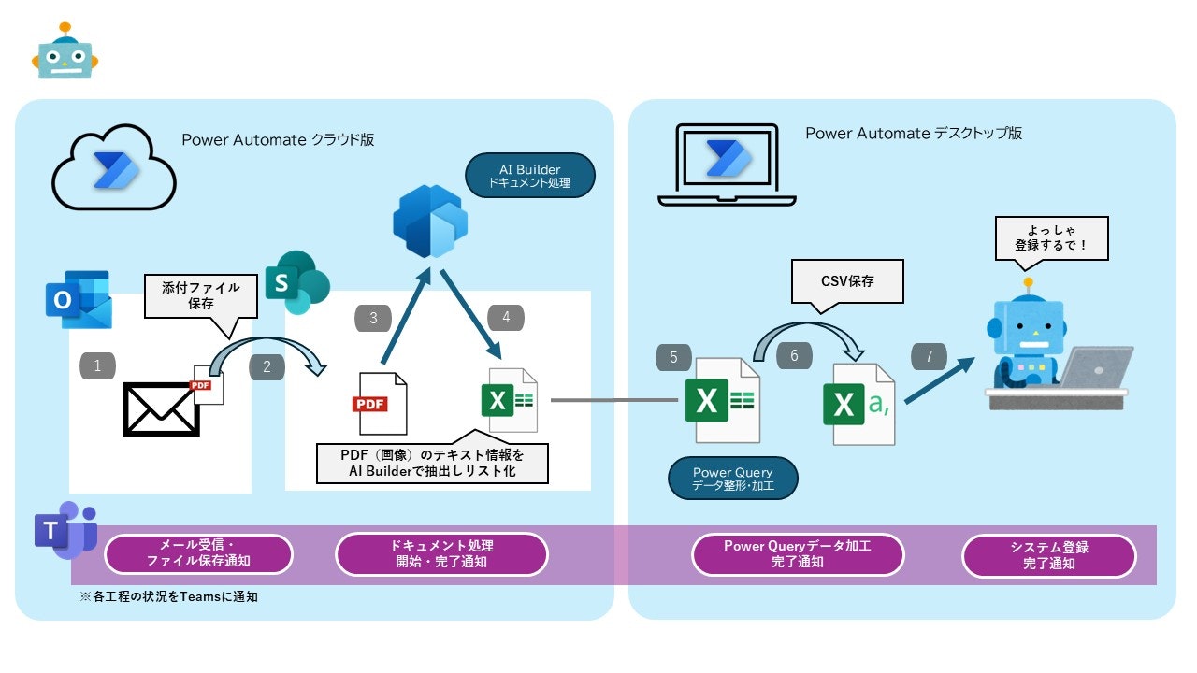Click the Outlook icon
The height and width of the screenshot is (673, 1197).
pyautogui.click(x=79, y=299)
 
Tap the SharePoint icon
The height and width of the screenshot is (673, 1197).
pyautogui.click(x=297, y=282)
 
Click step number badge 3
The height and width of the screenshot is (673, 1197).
pyautogui.click(x=373, y=319)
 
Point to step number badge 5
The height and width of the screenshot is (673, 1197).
pyautogui.click(x=674, y=357)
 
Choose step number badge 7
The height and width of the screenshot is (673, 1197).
pyautogui.click(x=929, y=357)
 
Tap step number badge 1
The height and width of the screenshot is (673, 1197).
pyautogui.click(x=98, y=365)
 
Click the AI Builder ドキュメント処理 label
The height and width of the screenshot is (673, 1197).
pyautogui.click(x=531, y=177)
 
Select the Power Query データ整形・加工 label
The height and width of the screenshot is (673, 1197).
pyautogui.click(x=733, y=479)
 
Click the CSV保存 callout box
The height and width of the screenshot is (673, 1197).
pyautogui.click(x=847, y=280)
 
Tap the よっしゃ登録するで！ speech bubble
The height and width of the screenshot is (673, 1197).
pyautogui.click(x=1051, y=239)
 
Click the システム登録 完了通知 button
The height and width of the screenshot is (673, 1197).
pyautogui.click(x=1048, y=556)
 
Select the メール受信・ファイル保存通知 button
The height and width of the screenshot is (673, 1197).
pyautogui.click(x=198, y=554)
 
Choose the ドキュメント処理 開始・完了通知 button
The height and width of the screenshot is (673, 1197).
pyautogui.click(x=441, y=554)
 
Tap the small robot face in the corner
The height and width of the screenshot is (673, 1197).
pyautogui.click(x=65, y=52)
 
